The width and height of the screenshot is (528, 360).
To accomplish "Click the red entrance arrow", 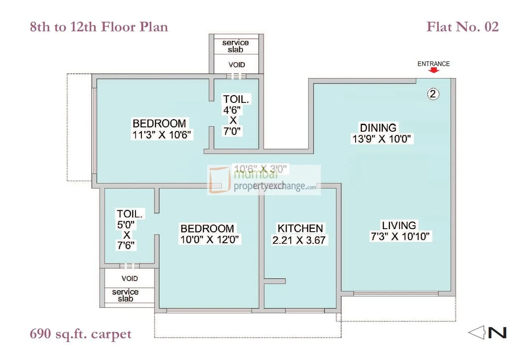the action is point(434,70).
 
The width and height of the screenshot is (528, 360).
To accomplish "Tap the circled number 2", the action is point(433,94).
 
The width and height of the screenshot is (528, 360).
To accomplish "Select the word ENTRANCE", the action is point(433,64).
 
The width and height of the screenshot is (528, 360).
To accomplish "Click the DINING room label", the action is point(378,128).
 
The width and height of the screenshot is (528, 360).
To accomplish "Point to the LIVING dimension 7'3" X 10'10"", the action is point(400,236).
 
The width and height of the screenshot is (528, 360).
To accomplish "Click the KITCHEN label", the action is point(300,228).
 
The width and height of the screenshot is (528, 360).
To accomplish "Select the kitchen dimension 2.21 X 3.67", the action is point(299,240).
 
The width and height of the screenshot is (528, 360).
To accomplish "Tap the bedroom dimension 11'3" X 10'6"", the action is point(161,135).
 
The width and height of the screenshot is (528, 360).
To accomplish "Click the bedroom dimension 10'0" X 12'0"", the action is point(210,240).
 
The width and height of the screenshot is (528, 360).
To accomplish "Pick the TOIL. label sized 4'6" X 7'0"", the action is point(236,99).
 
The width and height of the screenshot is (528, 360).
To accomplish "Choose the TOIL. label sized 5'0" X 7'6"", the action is point(130,214).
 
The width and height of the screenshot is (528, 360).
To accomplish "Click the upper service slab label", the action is point(236,46).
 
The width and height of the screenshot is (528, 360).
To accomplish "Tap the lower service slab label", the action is point(126,295).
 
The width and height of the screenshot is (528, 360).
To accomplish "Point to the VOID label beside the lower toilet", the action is point(130,278).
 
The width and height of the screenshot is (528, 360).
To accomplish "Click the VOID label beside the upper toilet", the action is point(237,65).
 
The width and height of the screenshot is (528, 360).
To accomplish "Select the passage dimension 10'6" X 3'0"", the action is point(261,169).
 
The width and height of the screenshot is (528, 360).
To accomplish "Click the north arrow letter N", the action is point(497,333).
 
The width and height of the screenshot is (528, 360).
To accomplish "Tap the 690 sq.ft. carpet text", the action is point(81,334).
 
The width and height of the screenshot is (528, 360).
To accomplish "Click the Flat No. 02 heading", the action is point(462,27).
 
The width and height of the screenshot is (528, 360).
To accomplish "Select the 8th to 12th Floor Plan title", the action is point(99,27).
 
